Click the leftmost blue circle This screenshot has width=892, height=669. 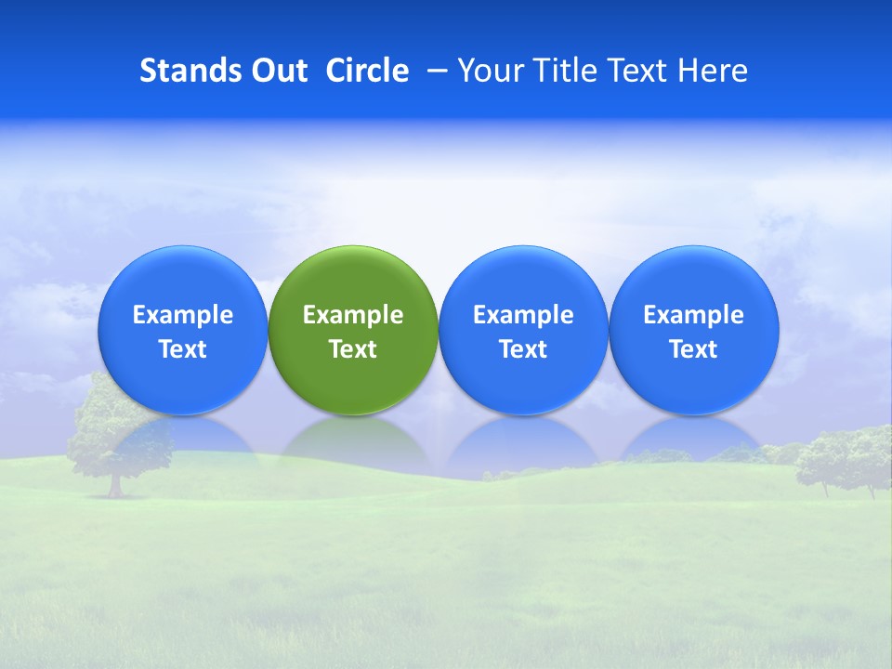click(182, 279)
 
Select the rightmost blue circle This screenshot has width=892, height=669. click(694, 279)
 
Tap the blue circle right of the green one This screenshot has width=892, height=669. click(523, 279)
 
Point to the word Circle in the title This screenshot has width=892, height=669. click(367, 71)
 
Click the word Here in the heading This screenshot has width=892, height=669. click(713, 71)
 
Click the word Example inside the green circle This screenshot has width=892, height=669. click(353, 315)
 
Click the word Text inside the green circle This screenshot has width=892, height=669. click(353, 349)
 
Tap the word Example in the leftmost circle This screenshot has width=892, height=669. click(182, 315)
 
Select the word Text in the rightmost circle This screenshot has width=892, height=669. click(694, 349)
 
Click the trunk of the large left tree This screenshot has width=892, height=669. click(115, 484)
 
